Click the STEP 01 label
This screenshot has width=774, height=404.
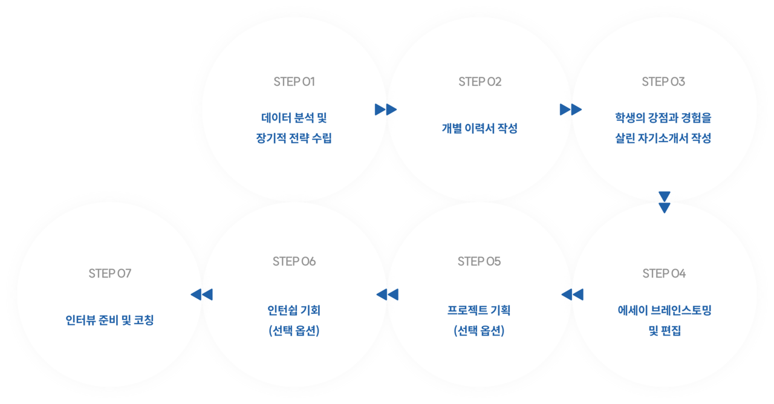pos(294,82)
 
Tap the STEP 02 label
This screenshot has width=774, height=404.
pos(480,82)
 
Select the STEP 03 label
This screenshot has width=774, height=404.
pos(663,82)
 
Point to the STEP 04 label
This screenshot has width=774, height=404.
pos(664,273)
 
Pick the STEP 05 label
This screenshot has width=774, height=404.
pos(480,261)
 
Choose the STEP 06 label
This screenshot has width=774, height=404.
pos(294,261)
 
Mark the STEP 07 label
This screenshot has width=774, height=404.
pos(109,273)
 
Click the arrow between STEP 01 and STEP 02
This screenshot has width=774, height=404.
pos(386,109)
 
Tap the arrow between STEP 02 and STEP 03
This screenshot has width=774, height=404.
pos(571,109)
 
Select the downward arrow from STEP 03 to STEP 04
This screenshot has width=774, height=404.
pos(665,203)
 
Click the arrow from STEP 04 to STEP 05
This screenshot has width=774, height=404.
pos(572,295)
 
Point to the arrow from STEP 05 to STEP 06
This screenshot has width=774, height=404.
pos(387,295)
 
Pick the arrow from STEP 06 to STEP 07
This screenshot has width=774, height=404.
pos(201,295)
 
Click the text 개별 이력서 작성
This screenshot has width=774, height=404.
pos(480,128)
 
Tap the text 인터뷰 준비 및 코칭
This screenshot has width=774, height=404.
pos(109,319)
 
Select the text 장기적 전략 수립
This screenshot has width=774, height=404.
pos(294,138)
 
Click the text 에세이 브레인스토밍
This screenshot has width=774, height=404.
pos(664,311)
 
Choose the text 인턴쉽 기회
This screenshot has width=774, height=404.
pos(294,310)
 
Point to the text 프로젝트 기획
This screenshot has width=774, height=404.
pos(479,310)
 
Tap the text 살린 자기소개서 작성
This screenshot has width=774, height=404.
pos(663,138)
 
